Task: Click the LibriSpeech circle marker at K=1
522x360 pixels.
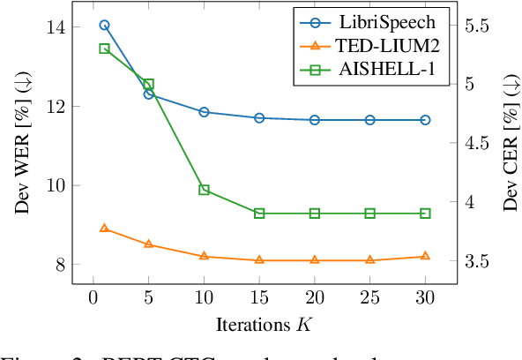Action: coord(104,26)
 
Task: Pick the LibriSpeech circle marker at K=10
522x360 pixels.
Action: coord(204,112)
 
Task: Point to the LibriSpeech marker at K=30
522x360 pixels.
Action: coord(425,119)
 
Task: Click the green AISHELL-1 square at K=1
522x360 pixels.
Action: coord(104,49)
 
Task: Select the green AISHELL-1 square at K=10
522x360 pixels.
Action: coord(204,190)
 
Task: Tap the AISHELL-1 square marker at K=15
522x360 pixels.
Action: coord(259,214)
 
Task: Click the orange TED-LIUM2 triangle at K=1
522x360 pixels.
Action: coord(104,229)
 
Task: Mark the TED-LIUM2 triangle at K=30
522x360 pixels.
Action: coord(425,256)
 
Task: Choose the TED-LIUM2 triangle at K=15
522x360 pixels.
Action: coord(259,259)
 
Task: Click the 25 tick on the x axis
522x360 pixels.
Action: coord(369,300)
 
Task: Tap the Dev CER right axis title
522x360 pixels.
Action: coord(510,146)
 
